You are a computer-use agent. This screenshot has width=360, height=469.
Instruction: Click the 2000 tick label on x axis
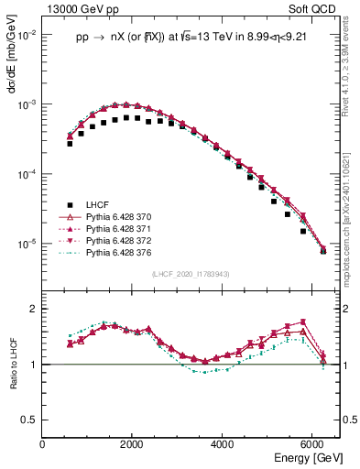tap(133, 443)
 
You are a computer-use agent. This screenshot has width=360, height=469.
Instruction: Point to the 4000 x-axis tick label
tap(223, 443)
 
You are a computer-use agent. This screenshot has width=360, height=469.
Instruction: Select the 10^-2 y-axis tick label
tap(27, 35)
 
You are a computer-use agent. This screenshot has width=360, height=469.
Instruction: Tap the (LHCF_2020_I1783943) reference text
tap(191, 274)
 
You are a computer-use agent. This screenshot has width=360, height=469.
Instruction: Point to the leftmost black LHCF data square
tap(70, 144)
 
